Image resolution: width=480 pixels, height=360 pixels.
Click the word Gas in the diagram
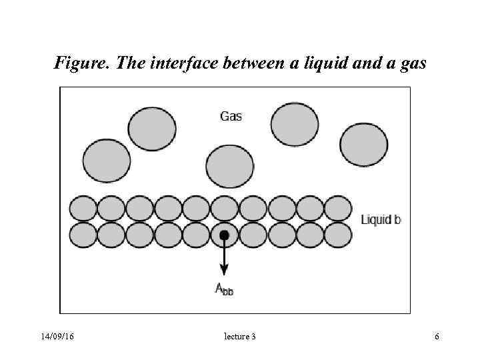[x=231, y=116]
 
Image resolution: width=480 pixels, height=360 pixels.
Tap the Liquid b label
[x=381, y=219]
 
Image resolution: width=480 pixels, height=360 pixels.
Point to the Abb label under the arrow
[x=224, y=289]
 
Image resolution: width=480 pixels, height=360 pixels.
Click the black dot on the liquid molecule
[x=224, y=235]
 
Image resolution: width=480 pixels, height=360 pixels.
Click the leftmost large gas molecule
[x=107, y=161]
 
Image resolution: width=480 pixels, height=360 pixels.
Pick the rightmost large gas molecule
[x=363, y=145]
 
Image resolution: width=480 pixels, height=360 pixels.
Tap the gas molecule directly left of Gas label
[x=152, y=128]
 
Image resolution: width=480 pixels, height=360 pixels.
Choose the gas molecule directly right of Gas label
[x=295, y=125]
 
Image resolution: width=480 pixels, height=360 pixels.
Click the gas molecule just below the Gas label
[x=230, y=166]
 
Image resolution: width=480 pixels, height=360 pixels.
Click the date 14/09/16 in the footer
[x=57, y=337]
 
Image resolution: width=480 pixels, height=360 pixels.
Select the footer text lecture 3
[x=240, y=337]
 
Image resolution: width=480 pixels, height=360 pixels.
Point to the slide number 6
[x=437, y=337]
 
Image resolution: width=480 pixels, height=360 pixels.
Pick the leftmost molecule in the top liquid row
[x=83, y=209]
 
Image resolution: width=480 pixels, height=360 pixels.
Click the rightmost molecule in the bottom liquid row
[x=338, y=235]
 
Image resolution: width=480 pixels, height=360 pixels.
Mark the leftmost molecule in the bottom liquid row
[x=83, y=235]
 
